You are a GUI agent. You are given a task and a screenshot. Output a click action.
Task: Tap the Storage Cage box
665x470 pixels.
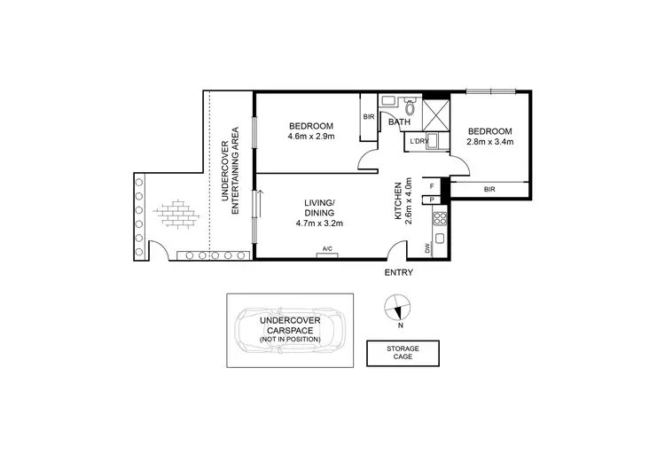(402, 354)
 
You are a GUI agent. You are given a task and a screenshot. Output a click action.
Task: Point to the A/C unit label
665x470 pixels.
(327, 248)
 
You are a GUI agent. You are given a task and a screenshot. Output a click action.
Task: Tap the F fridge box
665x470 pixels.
(432, 186)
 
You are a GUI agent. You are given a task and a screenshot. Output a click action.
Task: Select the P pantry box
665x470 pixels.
(432, 200)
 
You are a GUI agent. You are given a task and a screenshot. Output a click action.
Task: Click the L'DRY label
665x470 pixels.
(419, 142)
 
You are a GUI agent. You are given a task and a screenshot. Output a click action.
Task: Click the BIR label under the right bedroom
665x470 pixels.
(489, 189)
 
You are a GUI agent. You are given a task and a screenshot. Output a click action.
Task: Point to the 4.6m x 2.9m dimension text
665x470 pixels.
(310, 136)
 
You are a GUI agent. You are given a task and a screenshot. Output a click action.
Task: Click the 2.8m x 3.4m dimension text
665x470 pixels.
(490, 140)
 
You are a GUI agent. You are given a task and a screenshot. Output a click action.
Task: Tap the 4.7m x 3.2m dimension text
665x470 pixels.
(318, 223)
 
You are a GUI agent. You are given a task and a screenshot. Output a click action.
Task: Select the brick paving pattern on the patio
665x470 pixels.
(173, 215)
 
